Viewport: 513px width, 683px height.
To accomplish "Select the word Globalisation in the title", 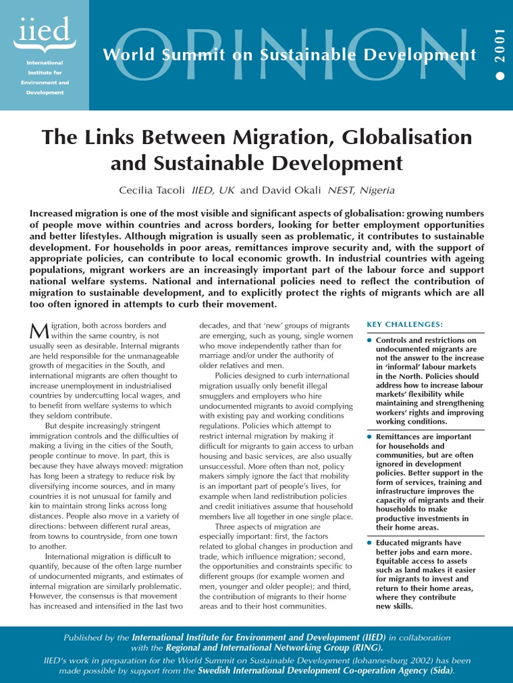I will click(407, 137).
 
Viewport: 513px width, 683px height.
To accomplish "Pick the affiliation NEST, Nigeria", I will click(361, 190).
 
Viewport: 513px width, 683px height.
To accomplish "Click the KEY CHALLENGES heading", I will click(405, 324).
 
